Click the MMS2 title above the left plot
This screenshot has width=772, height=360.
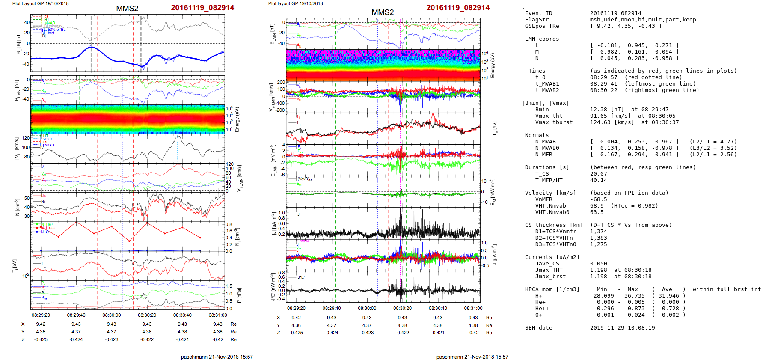[127, 9]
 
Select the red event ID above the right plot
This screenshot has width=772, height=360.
[457, 8]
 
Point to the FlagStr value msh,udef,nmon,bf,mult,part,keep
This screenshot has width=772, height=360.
[643, 20]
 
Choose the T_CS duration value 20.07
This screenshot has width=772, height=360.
[598, 174]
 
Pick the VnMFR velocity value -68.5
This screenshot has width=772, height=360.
[598, 199]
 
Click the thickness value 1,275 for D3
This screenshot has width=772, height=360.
[598, 244]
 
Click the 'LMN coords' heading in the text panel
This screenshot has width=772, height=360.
[542, 39]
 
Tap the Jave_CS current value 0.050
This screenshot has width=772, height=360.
[598, 264]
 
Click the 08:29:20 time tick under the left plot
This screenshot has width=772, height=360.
[41, 315]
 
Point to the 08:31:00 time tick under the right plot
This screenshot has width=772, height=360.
[473, 308]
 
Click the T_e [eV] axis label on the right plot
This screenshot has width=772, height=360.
[495, 128]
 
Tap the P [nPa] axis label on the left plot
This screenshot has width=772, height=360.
[239, 295]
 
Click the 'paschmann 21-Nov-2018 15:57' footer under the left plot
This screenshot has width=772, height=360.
[217, 357]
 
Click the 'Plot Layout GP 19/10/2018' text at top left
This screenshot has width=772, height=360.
[40, 3]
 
